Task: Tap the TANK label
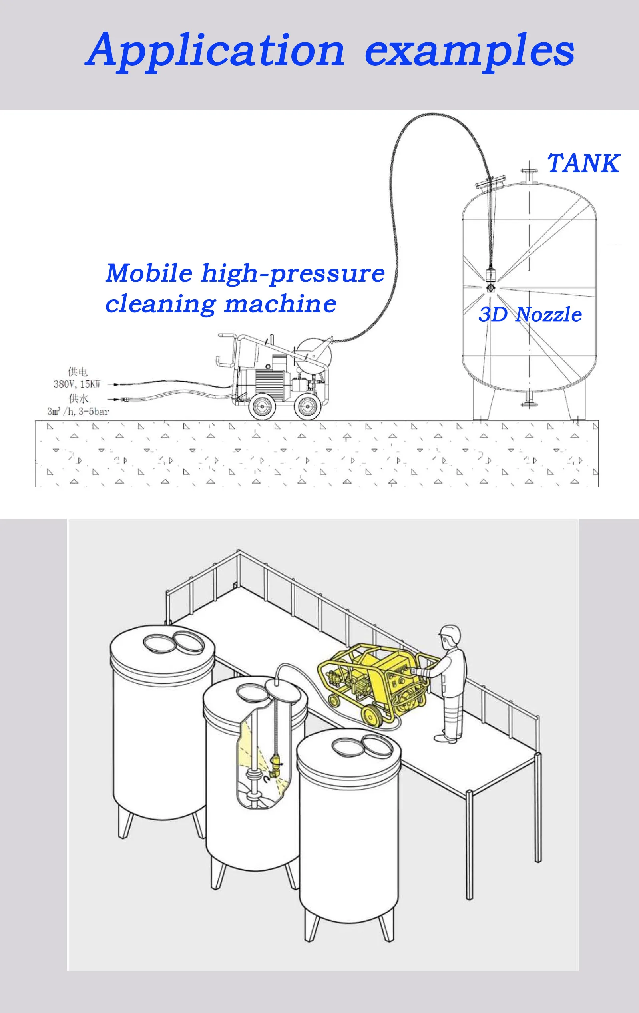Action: [x=583, y=164]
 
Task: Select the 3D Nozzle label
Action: [x=530, y=314]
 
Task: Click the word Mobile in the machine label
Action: [x=149, y=273]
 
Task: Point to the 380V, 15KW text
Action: [x=77, y=384]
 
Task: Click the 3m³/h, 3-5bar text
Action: [x=78, y=412]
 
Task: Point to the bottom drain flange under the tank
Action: [x=529, y=400]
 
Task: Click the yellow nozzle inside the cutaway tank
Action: [x=275, y=767]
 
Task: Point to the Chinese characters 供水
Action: [x=78, y=398]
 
